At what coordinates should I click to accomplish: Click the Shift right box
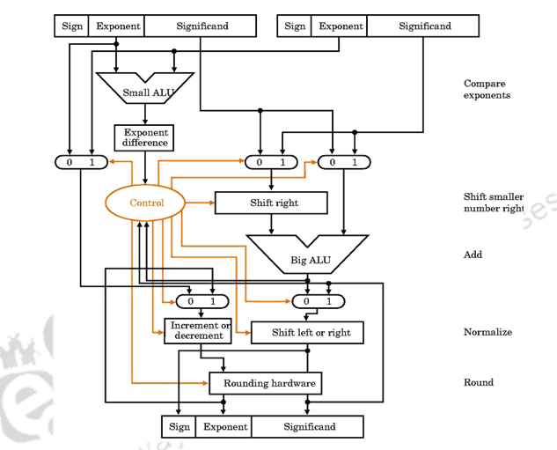click(x=271, y=203)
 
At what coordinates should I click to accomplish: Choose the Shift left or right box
click(x=306, y=333)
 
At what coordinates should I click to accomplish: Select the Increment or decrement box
click(x=198, y=331)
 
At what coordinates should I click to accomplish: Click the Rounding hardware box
click(x=265, y=384)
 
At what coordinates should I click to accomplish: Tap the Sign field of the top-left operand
click(x=72, y=26)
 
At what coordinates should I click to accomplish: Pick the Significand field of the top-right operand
click(x=423, y=26)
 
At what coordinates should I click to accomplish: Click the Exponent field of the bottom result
click(x=225, y=427)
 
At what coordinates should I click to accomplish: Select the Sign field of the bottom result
click(x=180, y=427)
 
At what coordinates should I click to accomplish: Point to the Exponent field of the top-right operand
click(x=341, y=26)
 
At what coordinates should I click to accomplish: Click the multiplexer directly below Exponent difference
click(x=80, y=162)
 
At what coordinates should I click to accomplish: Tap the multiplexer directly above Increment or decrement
click(x=202, y=301)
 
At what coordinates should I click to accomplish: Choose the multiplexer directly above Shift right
click(x=271, y=162)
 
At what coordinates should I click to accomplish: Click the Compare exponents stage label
click(x=487, y=90)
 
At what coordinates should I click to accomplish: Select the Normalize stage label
click(x=487, y=333)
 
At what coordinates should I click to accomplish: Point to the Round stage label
click(x=479, y=383)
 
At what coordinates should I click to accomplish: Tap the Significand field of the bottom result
click(x=309, y=427)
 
